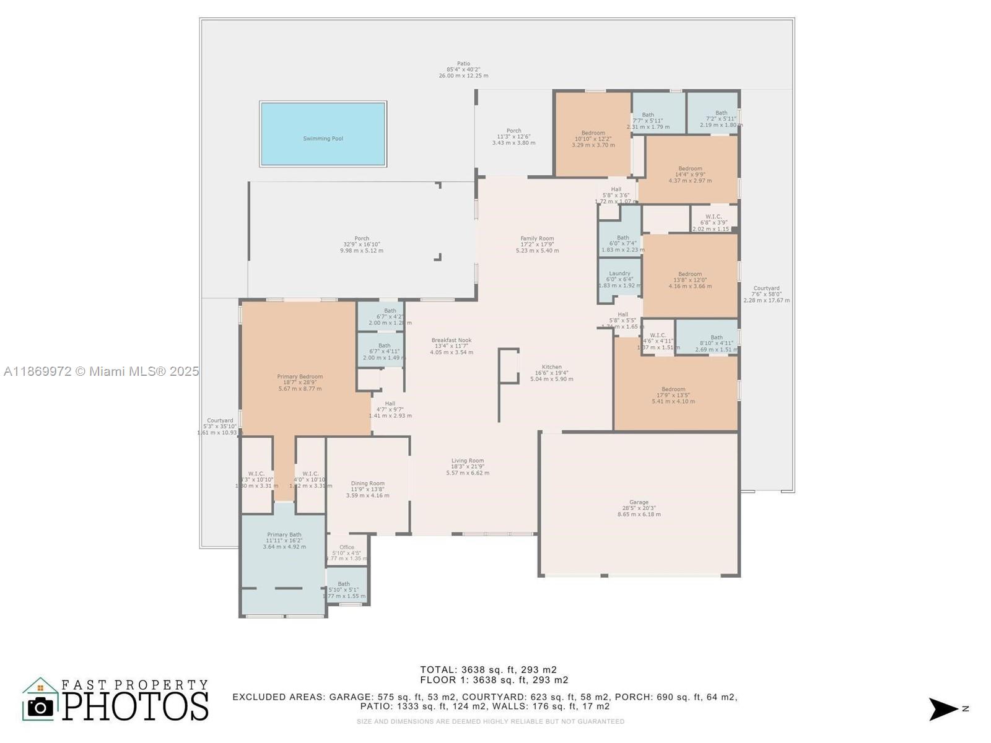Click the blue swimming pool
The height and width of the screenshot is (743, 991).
(323, 134)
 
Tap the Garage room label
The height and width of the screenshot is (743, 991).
(639, 503)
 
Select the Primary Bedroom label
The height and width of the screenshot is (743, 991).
(300, 376)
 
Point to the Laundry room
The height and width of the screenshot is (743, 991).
(619, 279)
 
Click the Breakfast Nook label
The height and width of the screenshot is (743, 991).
(452, 340)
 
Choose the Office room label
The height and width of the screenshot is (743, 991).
(347, 547)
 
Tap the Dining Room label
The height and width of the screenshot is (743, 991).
(368, 484)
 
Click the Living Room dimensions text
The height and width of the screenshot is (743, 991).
(468, 470)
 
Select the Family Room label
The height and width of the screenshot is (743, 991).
(537, 238)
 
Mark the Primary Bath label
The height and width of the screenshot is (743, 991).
(284, 535)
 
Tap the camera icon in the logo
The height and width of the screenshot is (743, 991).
(41, 706)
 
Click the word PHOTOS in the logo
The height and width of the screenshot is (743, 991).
(136, 706)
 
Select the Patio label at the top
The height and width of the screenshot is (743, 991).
(463, 64)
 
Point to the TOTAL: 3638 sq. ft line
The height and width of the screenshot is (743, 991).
(488, 669)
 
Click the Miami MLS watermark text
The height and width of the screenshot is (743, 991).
(101, 371)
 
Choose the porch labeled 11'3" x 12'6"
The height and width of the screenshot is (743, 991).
(513, 137)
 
